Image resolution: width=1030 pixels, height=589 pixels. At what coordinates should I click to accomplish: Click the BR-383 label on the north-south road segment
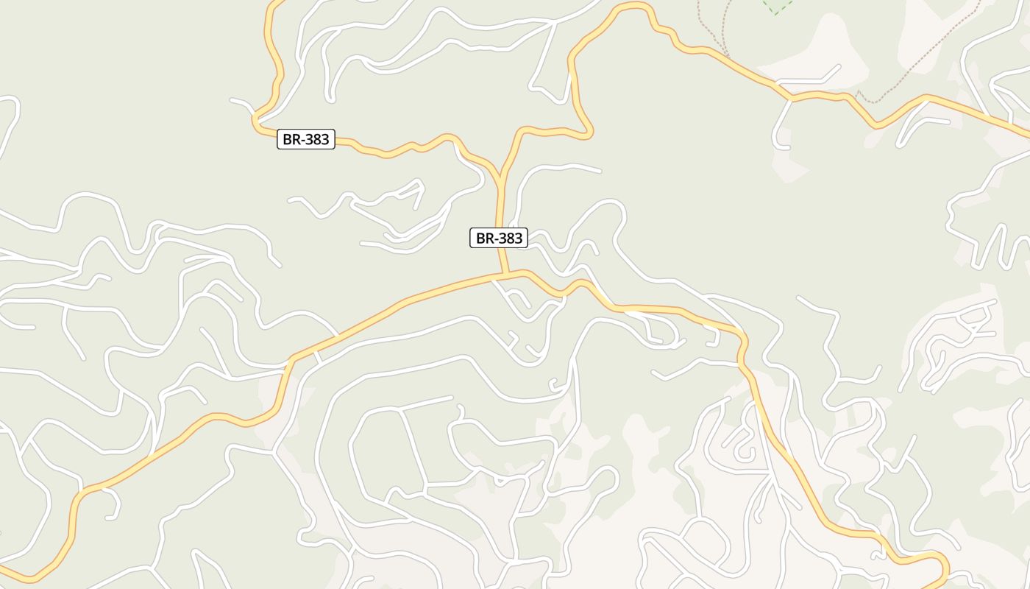499,238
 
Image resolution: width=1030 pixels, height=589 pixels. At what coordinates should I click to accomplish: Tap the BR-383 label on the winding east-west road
305,139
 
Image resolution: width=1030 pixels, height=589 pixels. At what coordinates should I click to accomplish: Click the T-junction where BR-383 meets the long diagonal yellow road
506,275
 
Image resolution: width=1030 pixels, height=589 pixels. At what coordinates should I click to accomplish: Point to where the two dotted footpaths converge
727,54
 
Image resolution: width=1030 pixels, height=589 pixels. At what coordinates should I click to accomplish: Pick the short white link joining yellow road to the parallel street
317,356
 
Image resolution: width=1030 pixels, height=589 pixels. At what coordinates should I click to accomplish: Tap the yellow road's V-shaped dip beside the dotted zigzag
876,125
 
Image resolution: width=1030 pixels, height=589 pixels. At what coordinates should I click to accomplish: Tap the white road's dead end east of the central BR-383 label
600,172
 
